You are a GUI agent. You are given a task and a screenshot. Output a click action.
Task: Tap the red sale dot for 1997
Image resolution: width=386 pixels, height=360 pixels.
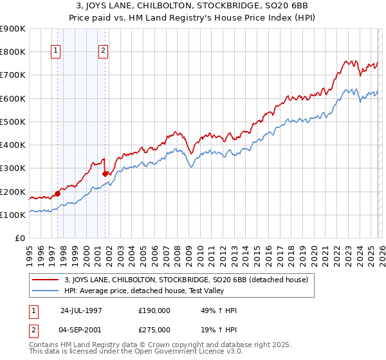[x=58, y=193]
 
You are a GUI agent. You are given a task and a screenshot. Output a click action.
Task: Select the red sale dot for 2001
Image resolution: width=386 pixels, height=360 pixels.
[x=105, y=174]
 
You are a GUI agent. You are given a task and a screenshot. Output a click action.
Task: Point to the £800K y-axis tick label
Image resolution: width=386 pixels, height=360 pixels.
[x=13, y=51]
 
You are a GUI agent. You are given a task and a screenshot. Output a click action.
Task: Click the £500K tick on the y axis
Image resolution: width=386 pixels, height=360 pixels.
[x=13, y=122]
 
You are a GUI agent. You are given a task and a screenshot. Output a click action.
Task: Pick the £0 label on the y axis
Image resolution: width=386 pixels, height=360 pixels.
[x=19, y=239]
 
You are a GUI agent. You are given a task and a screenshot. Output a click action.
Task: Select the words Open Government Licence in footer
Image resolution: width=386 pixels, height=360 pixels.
[x=168, y=353]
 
